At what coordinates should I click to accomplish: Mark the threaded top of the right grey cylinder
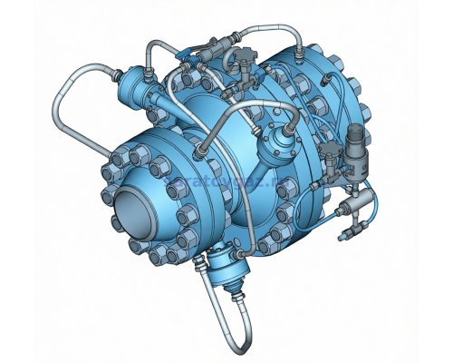[358, 134]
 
